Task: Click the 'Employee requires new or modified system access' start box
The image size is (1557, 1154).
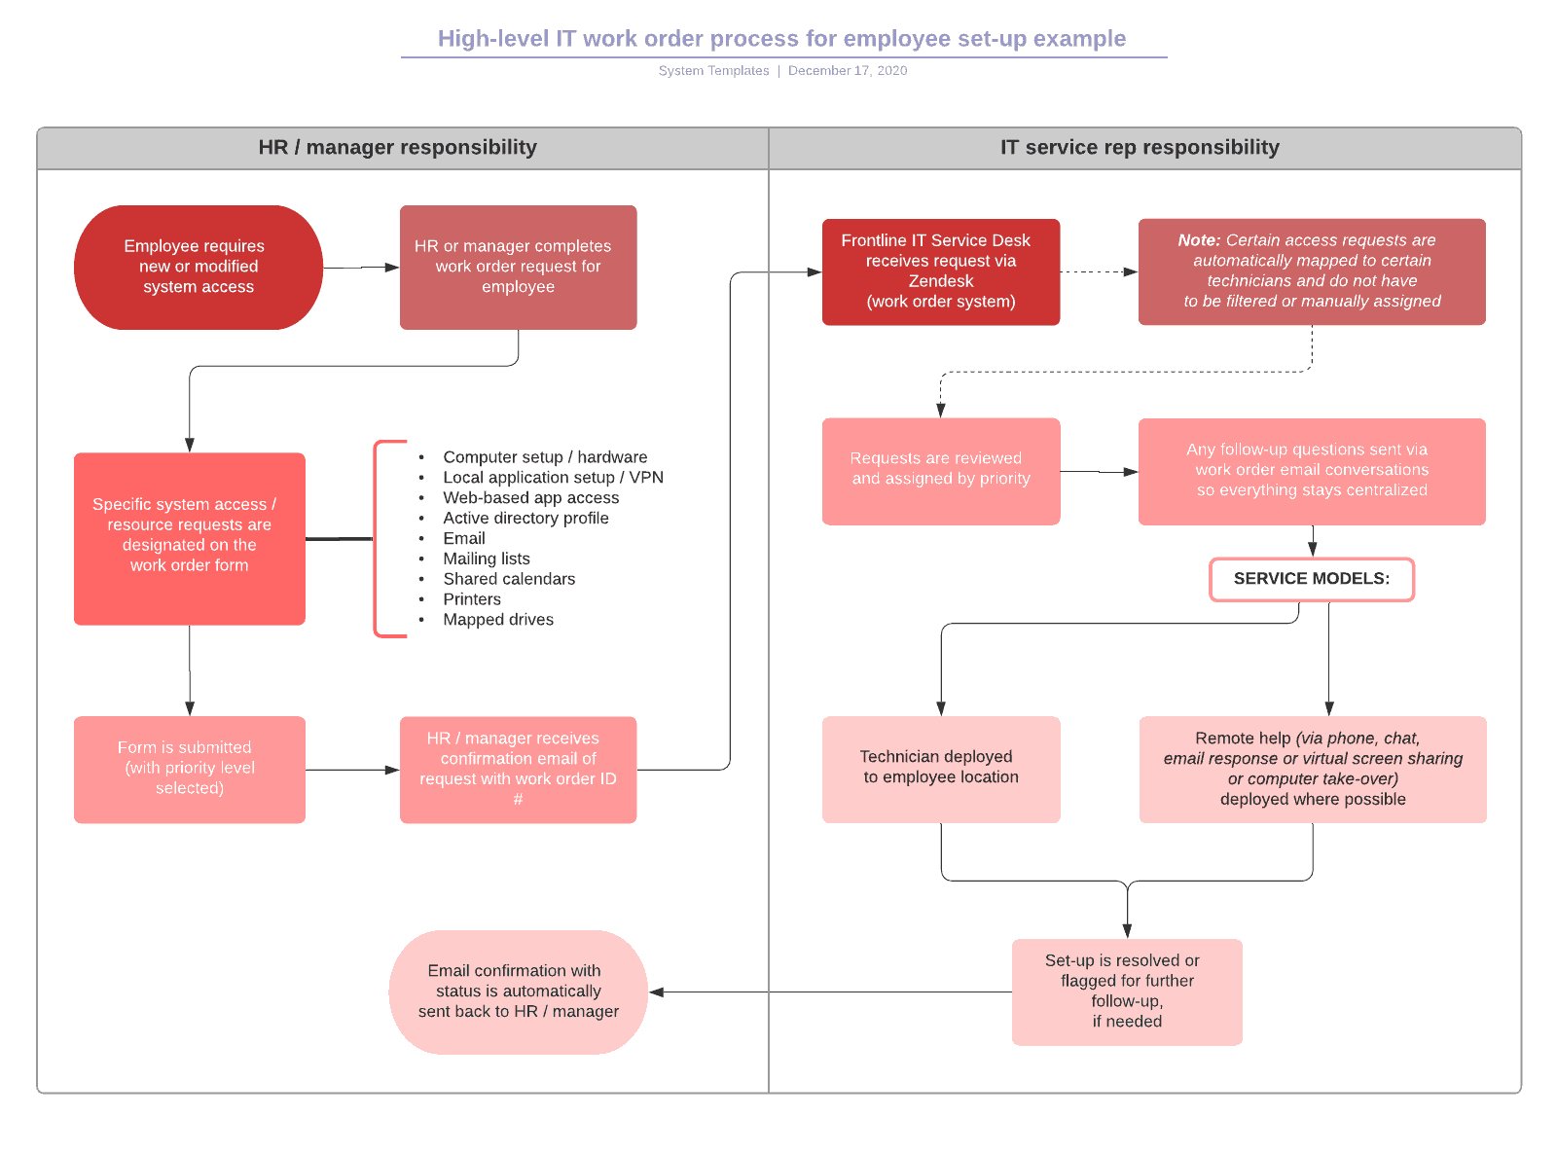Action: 199,267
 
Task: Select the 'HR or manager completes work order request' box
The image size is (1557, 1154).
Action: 518,267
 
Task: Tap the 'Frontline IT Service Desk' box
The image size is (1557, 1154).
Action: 940,271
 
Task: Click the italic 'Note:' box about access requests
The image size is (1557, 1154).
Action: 1311,271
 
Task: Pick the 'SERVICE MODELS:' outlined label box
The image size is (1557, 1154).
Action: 1311,579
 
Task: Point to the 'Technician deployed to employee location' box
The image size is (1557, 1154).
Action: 940,769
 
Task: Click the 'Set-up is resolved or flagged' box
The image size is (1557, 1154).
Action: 1126,992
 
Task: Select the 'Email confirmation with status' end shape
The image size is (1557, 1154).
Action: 518,992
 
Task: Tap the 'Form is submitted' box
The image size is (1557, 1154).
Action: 189,769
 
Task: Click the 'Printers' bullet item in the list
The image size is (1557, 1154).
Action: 472,599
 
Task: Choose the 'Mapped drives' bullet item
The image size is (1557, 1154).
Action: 497,620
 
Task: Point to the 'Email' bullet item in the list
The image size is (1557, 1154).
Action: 463,538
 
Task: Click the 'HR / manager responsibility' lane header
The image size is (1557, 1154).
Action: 397,148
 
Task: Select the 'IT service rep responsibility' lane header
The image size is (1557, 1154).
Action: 1139,148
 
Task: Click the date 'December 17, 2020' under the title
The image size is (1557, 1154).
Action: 847,71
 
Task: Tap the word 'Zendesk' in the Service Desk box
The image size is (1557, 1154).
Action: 940,281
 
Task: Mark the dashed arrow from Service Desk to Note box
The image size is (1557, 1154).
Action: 1098,272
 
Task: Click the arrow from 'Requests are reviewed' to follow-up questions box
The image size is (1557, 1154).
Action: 1098,472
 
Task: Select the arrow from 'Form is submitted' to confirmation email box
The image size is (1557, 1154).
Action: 351,770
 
